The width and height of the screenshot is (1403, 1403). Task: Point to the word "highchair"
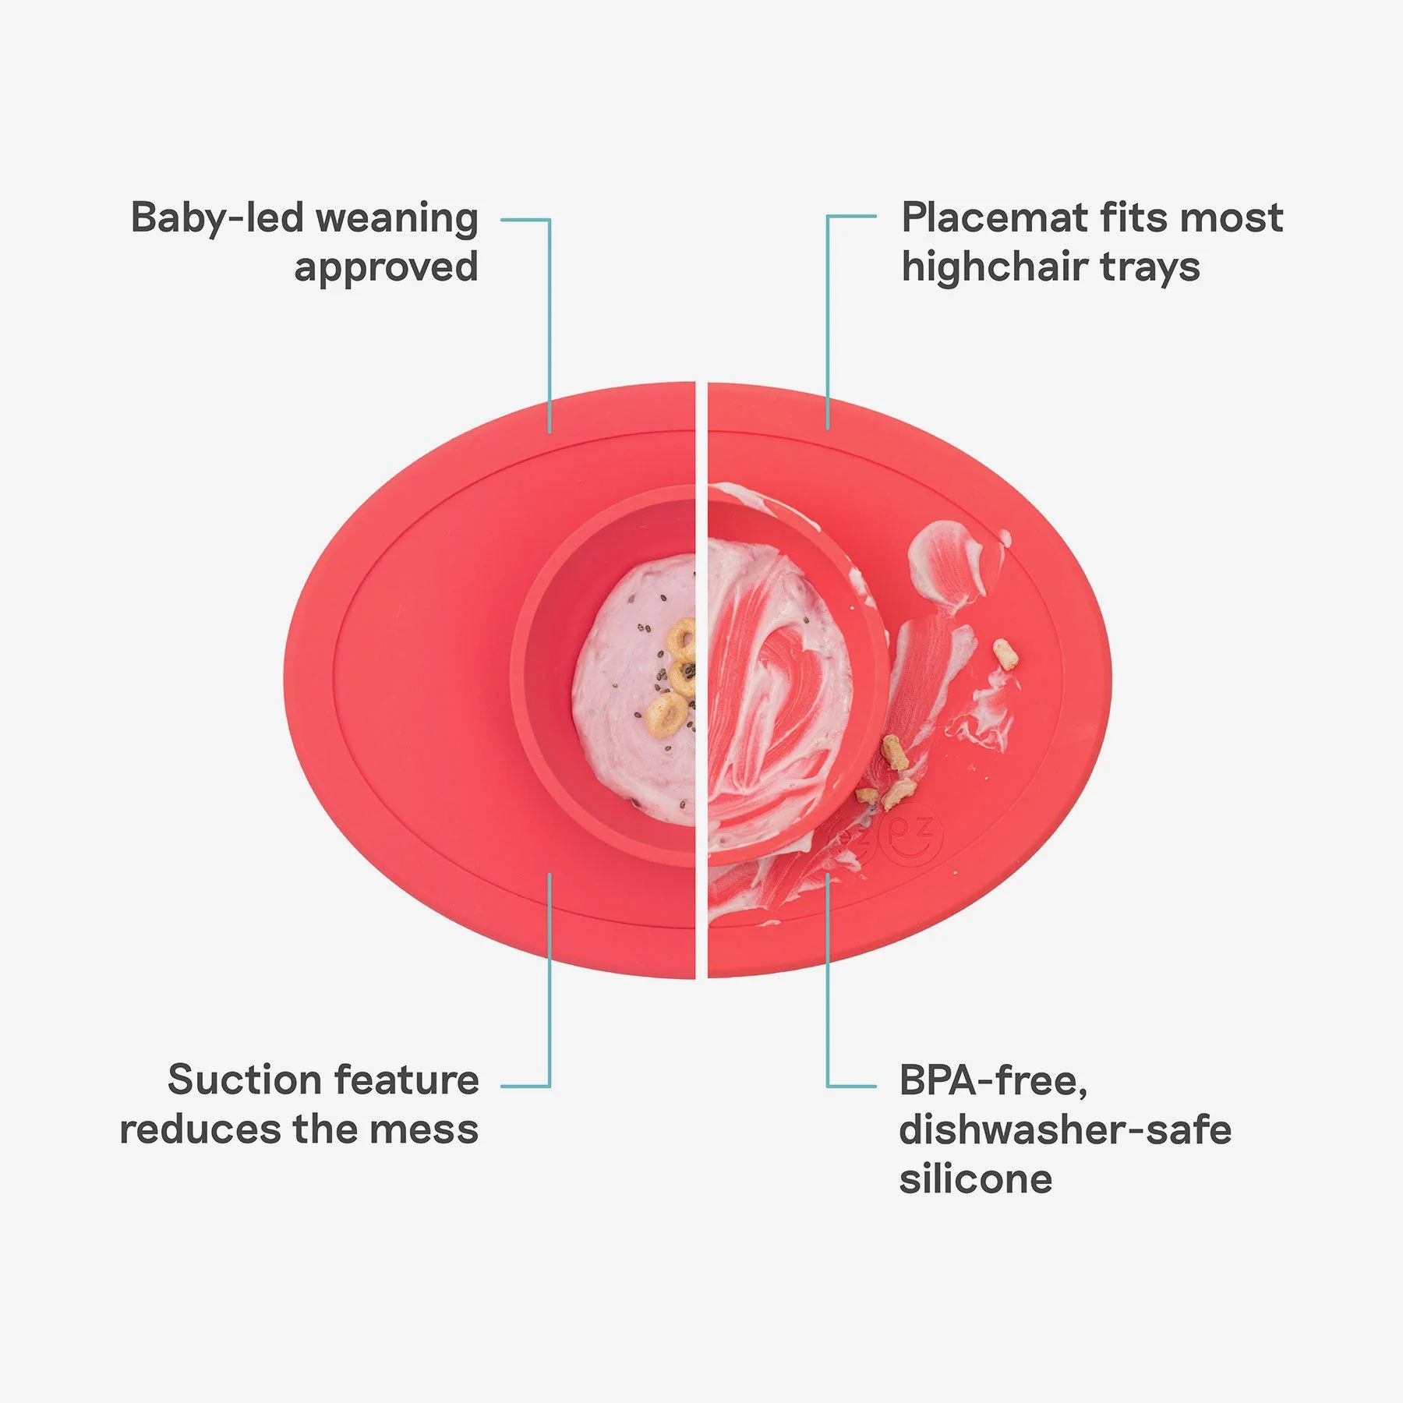tap(995, 267)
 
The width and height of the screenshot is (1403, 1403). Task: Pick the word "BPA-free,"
tap(993, 1082)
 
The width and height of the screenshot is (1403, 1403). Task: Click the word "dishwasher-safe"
tap(1066, 1130)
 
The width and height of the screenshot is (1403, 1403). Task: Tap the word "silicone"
tap(976, 1179)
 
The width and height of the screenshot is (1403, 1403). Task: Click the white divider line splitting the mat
tap(701, 679)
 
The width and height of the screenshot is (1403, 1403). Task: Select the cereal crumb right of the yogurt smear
tap(1005, 655)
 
